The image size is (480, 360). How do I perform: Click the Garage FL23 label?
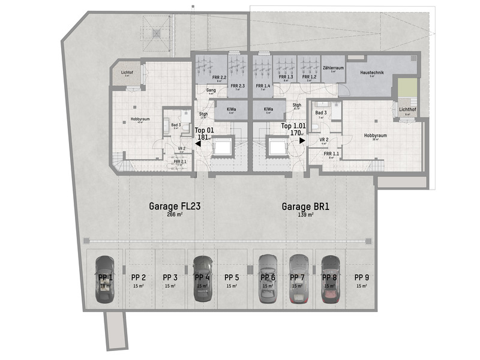tap(174, 206)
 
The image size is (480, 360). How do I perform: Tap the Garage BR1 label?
tap(306, 206)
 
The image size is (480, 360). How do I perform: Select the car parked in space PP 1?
tap(105, 279)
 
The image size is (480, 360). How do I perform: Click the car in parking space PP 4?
tap(202, 279)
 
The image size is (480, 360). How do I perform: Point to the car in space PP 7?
tap(298, 279)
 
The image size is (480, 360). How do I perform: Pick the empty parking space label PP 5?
tap(232, 277)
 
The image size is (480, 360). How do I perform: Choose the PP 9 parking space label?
tap(362, 277)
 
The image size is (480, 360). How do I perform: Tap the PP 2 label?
tap(139, 277)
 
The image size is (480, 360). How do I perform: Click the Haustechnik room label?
tap(372, 73)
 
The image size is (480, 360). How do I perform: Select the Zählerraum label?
tap(332, 68)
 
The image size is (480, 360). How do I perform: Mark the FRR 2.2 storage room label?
tap(219, 77)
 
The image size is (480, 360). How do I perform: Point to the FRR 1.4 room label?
tap(263, 86)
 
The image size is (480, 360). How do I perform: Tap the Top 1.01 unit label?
tap(294, 127)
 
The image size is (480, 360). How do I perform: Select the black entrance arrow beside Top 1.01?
tap(303, 140)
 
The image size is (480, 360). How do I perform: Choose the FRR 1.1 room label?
tap(331, 154)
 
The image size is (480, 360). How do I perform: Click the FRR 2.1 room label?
tap(180, 161)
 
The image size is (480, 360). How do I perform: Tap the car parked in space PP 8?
tap(329, 279)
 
